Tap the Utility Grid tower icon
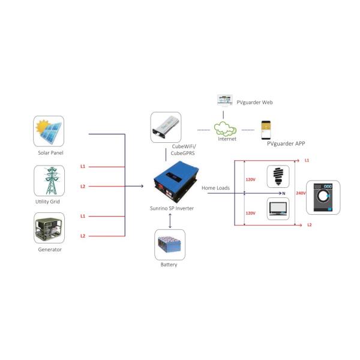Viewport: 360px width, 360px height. [49, 181]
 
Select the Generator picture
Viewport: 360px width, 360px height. [49, 229]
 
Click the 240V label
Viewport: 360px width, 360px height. [301, 193]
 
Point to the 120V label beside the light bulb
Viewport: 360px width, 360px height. [250, 179]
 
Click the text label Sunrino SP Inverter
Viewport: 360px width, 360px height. [167, 208]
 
